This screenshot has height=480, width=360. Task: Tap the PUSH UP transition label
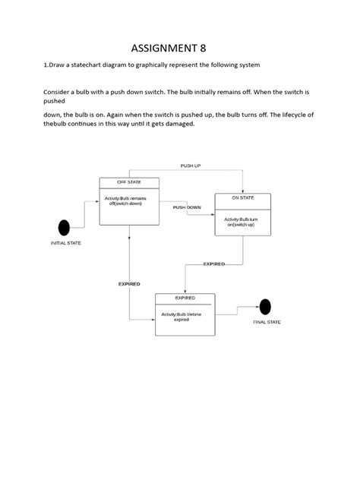click(x=191, y=166)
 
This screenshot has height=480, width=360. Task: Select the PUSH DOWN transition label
click(x=187, y=207)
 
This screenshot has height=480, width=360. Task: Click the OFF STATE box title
click(x=128, y=182)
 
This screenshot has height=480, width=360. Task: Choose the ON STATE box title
click(x=243, y=197)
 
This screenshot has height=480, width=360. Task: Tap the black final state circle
click(x=264, y=307)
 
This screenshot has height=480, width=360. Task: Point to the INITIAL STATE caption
click(x=66, y=243)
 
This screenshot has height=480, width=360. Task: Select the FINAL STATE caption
click(x=267, y=323)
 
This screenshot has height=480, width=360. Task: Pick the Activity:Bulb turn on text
click(x=242, y=222)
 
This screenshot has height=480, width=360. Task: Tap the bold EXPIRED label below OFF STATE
click(x=129, y=283)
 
